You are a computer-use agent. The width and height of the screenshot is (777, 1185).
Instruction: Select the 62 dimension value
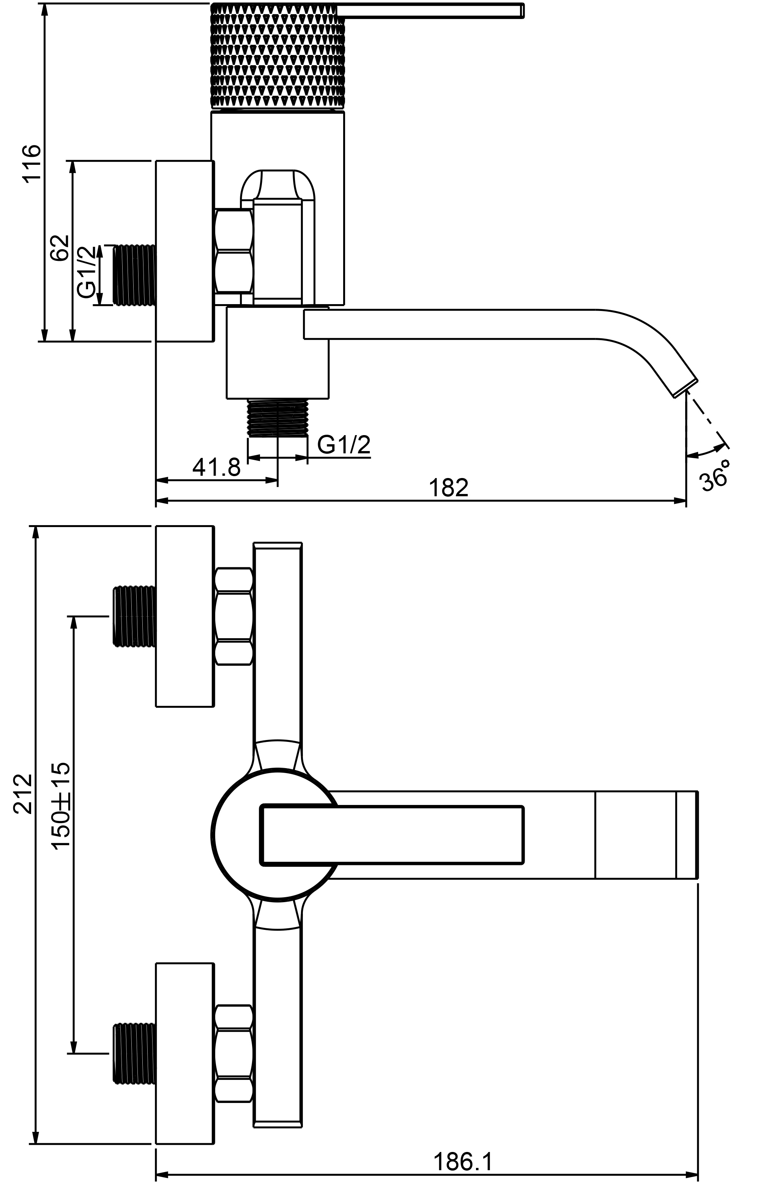[59, 248]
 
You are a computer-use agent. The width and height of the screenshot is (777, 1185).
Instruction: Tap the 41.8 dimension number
[216, 467]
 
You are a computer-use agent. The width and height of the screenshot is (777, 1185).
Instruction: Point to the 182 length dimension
[449, 488]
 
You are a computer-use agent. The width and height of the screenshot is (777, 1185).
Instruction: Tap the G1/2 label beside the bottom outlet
[344, 445]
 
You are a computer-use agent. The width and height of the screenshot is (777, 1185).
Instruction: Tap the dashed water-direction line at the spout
[707, 419]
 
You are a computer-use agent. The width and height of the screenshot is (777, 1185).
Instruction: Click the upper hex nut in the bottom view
[234, 616]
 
